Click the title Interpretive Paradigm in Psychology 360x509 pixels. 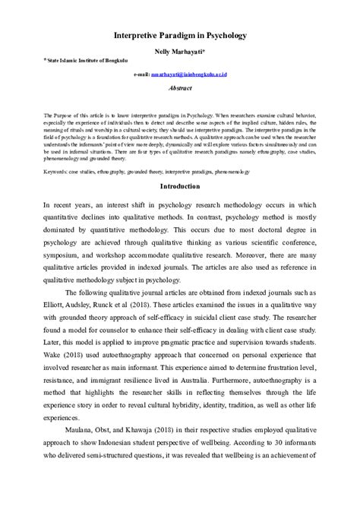pyautogui.click(x=180, y=35)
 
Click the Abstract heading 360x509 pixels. pyautogui.click(x=180, y=88)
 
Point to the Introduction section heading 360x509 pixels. pyautogui.click(x=180, y=185)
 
